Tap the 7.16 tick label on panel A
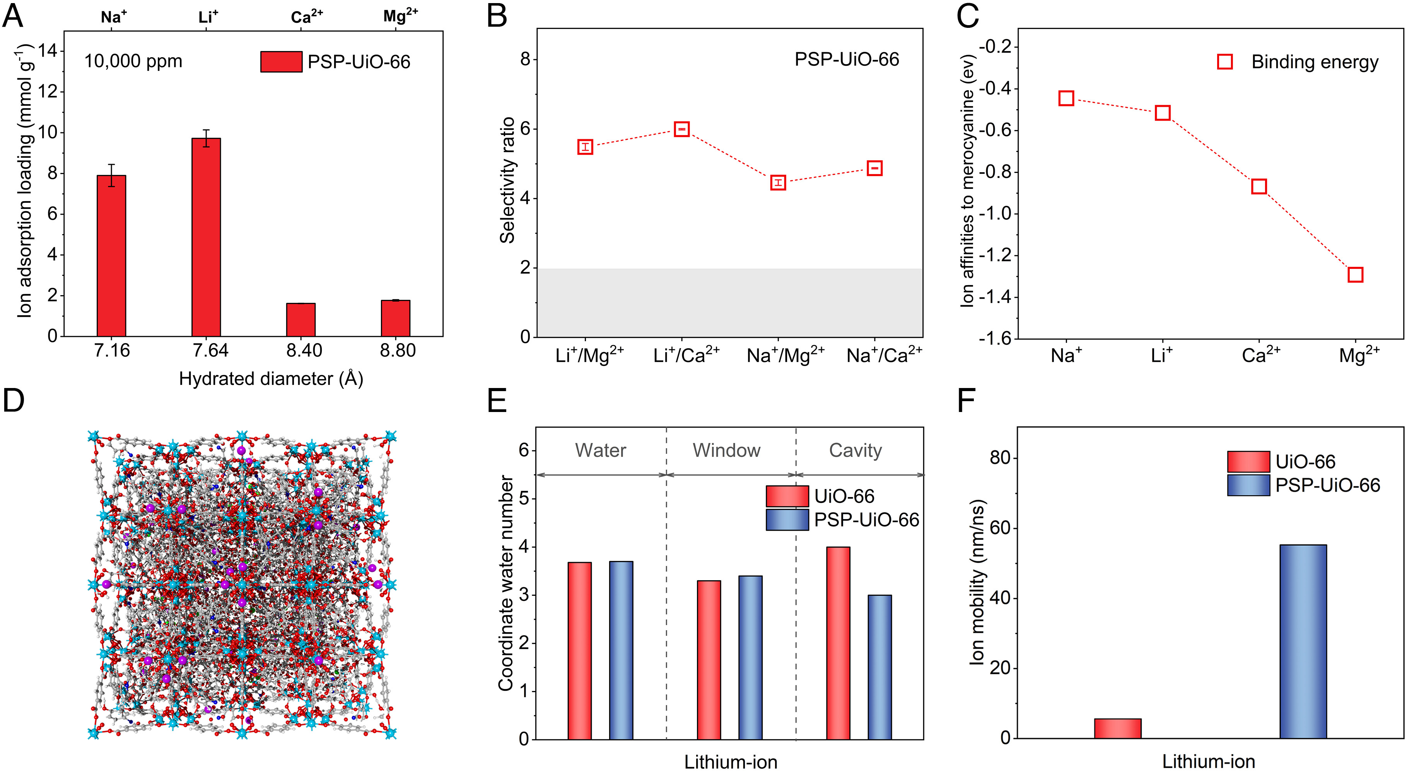pyautogui.click(x=112, y=350)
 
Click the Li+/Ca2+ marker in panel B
pyautogui.click(x=682, y=129)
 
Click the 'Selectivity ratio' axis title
pyautogui.click(x=507, y=180)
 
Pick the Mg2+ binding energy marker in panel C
pyautogui.click(x=1355, y=274)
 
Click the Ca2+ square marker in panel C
pyautogui.click(x=1259, y=186)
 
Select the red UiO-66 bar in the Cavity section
pyautogui.click(x=838, y=643)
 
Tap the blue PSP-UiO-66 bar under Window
pyautogui.click(x=750, y=657)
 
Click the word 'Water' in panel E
pyautogui.click(x=600, y=450)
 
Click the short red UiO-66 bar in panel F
pyautogui.click(x=1117, y=728)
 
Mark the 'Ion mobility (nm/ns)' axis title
pyautogui.click(x=977, y=582)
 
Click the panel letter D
pyautogui.click(x=14, y=400)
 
